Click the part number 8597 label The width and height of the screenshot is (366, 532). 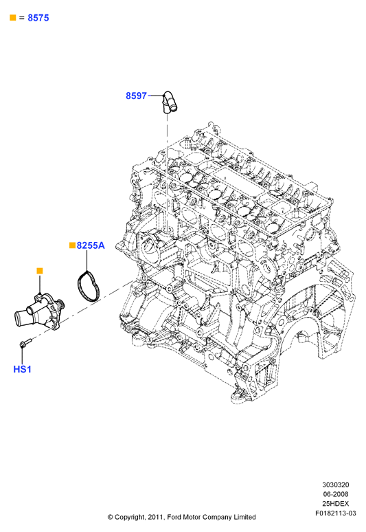point(136,96)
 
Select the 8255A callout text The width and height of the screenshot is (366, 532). point(91,245)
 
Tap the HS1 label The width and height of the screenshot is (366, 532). point(23,369)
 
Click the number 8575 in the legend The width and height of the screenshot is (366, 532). point(38,18)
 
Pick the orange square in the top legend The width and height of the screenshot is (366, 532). point(13,18)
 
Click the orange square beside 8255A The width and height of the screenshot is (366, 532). point(72,245)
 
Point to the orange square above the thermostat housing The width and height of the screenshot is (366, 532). point(40,271)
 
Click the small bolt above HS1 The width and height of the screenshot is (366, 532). point(25,343)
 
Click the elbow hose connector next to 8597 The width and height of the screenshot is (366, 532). point(169,102)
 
